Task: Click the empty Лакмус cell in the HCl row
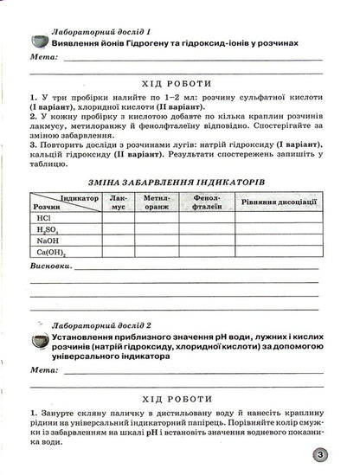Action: click(119, 220)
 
